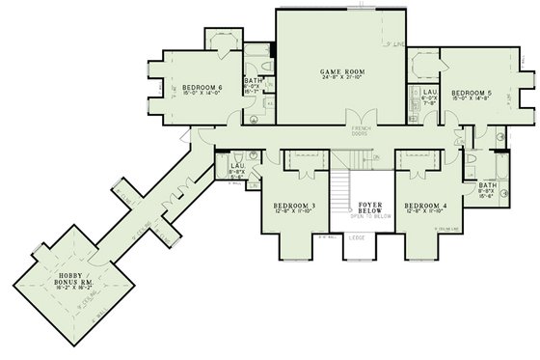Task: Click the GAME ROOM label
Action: click(340, 70)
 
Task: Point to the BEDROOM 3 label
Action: click(293, 205)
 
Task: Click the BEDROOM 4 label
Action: click(425, 205)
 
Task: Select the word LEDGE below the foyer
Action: click(356, 236)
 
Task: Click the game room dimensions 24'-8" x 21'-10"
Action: click(340, 78)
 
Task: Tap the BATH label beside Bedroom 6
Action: click(254, 81)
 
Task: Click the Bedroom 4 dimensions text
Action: click(425, 211)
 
